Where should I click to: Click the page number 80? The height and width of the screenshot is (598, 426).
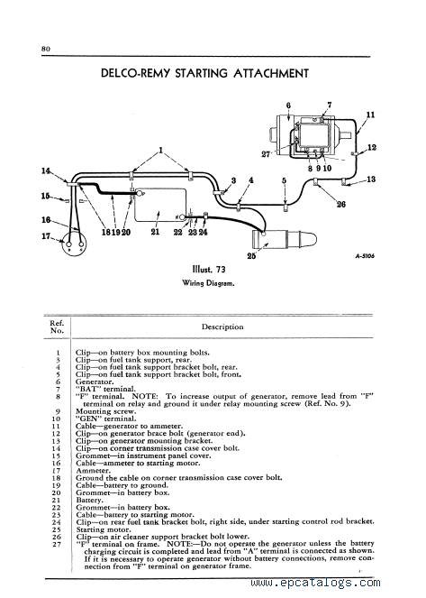pos(46,49)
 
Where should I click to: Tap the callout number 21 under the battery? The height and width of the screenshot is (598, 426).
pos(155,232)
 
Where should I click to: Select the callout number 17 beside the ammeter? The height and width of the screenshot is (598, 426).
pos(46,236)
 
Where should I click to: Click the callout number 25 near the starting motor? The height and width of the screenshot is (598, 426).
pos(251,255)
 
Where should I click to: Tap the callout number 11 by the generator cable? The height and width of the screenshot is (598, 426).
pos(370,115)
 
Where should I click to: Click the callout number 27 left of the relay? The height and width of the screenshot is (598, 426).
pos(266,154)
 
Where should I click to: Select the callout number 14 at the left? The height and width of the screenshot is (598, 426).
pos(46,170)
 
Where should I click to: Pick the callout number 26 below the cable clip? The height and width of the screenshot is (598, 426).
pos(341,204)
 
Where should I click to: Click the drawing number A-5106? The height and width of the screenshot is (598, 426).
pos(365,256)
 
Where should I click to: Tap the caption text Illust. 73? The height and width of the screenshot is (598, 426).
pos(209,270)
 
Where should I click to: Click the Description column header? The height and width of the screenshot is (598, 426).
pos(222,327)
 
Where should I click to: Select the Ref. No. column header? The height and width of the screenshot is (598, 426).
pos(57,327)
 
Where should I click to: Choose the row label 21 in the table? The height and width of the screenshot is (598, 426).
pos(57,501)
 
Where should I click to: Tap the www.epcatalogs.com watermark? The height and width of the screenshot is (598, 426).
pos(315,583)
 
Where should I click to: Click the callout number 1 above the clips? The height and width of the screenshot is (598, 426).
pos(161,151)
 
